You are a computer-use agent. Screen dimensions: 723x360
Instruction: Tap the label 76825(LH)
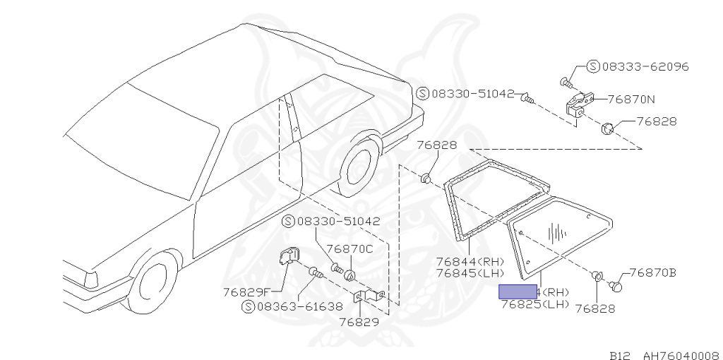(x=534, y=304)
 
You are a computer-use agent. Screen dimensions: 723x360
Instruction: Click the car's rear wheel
(x=360, y=167)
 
